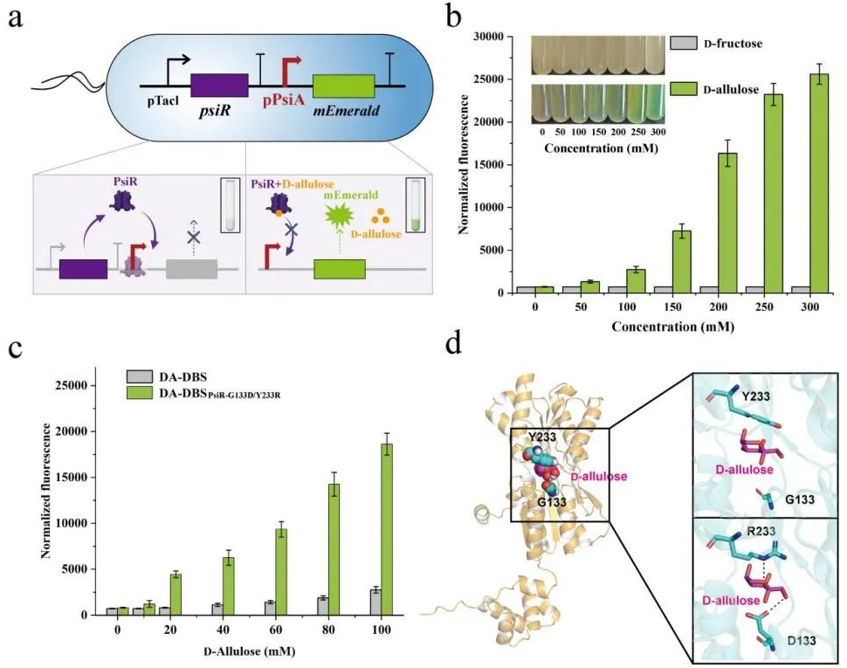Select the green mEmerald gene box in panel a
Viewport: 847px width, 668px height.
[x=343, y=86]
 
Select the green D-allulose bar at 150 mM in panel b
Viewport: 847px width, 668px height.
[x=661, y=260]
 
